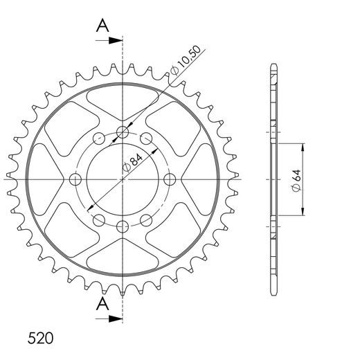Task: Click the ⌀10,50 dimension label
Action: coord(185,60)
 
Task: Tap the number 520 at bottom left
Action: coord(40,339)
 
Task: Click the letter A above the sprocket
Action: coord(102,26)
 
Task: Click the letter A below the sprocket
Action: coord(102,304)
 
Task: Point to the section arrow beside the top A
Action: coord(109,40)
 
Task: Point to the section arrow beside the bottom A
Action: coord(109,318)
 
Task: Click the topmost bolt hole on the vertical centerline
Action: coord(123,132)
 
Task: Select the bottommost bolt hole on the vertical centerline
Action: coord(123,227)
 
